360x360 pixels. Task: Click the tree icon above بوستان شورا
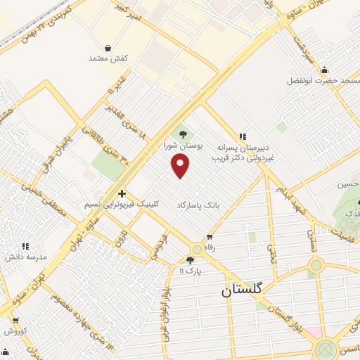(183, 134)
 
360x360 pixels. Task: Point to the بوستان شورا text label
(183, 146)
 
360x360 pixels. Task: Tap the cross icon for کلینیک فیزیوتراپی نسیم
(122, 193)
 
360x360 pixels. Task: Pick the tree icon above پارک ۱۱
(189, 260)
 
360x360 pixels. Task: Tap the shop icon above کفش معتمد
(106, 48)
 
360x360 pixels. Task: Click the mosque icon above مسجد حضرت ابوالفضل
(323, 70)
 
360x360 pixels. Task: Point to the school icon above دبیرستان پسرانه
(243, 136)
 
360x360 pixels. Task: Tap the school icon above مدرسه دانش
(26, 247)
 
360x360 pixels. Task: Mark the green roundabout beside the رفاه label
(196, 250)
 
